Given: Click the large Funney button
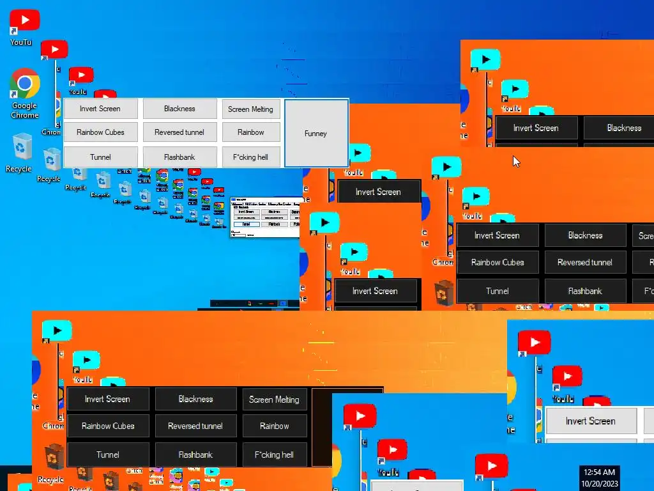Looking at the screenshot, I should coord(316,133).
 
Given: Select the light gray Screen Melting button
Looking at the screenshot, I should coord(250,109).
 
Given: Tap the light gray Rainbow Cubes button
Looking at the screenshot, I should coord(100,132).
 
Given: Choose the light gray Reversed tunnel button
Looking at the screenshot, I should coord(179,132).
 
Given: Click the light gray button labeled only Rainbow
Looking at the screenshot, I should coord(250,132).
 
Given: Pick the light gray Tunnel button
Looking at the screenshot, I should coord(100,157).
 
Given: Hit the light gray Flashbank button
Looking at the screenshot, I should coord(179,157).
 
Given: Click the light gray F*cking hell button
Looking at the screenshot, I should coord(250,157).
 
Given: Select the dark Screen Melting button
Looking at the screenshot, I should coord(274,400).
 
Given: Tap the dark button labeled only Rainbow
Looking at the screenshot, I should coord(274,426).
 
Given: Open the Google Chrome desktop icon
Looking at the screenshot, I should coord(24,84).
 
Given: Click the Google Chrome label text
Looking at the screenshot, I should coord(24,111).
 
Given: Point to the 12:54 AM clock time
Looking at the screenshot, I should coord(599,472).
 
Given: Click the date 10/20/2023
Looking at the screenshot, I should coord(599,483).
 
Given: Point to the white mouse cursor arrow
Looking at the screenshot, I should coord(516,160).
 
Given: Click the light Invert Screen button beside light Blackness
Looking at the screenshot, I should coord(100,109).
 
